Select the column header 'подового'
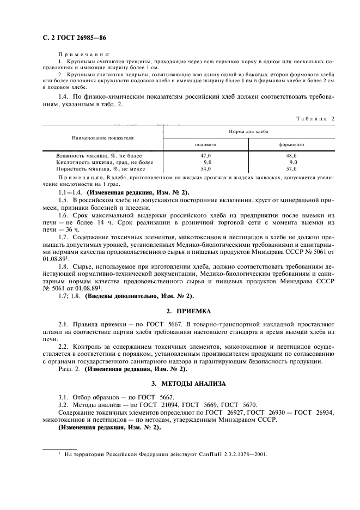[206, 144]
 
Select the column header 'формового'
[291, 144]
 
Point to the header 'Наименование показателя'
[102, 138]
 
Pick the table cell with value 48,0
[291, 155]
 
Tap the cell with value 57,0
[291, 168]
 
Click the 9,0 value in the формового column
[292, 162]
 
